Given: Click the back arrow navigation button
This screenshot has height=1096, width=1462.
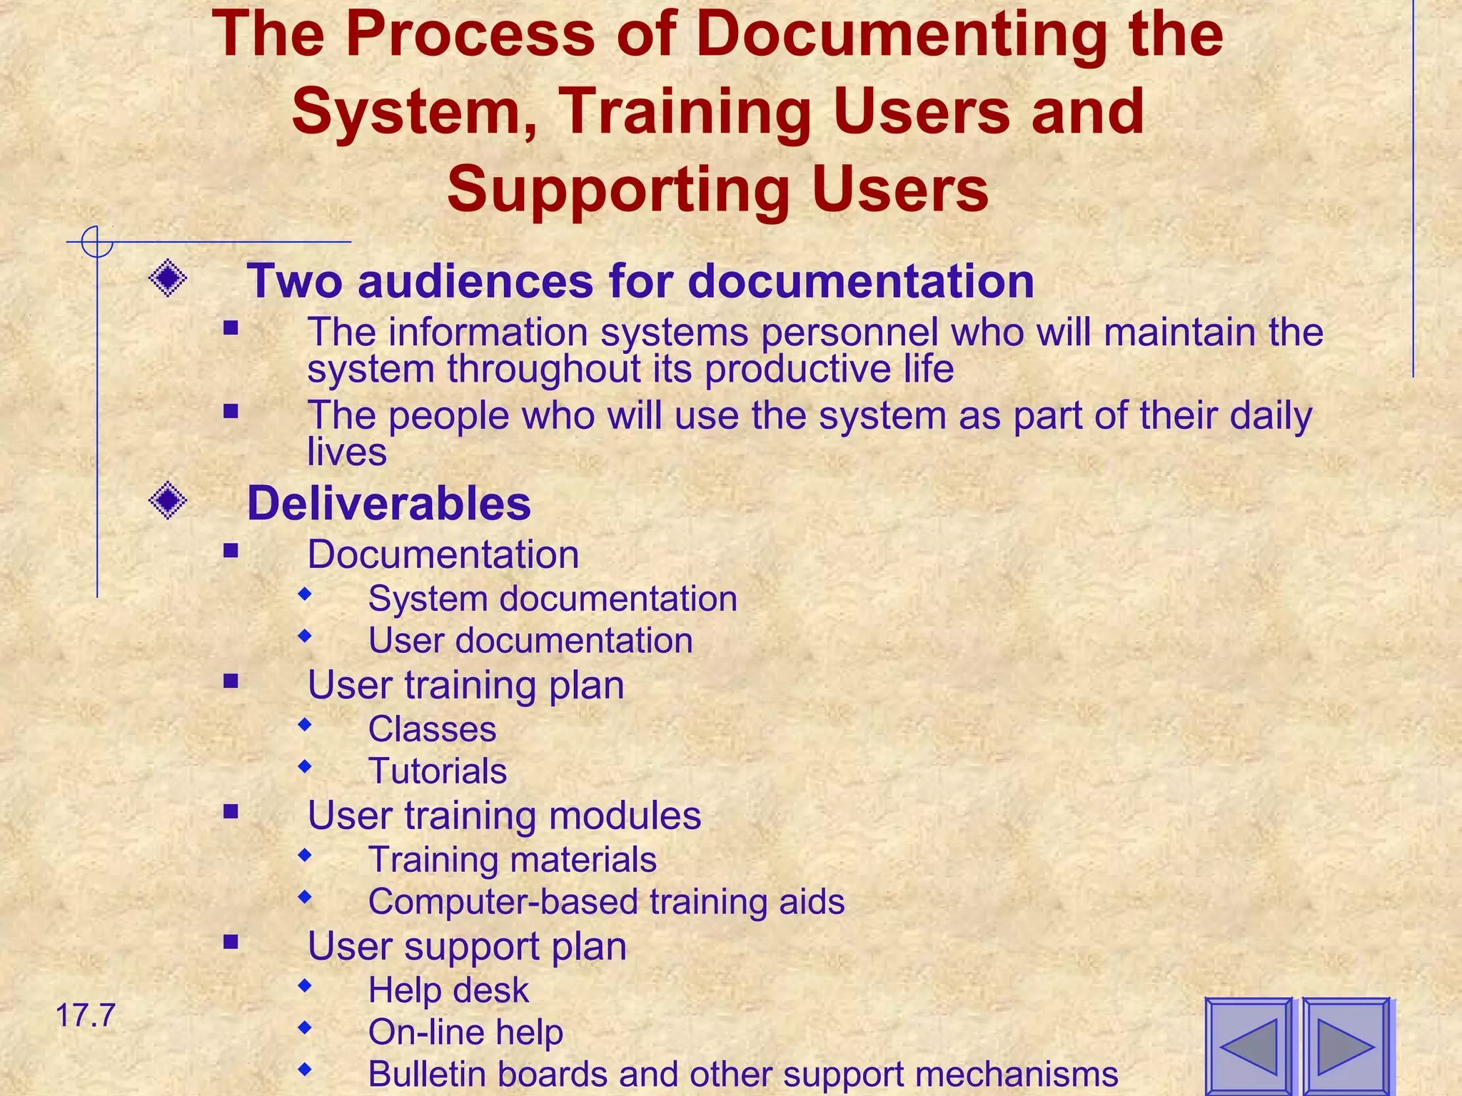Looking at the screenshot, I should click(x=1249, y=1046).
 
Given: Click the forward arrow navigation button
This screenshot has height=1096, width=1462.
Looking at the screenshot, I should click(x=1346, y=1046).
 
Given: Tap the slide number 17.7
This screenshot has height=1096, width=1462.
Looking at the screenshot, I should click(x=85, y=1015).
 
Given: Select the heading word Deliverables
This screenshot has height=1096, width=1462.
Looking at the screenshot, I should click(x=389, y=503).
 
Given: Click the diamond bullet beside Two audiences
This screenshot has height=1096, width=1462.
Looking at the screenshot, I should click(x=168, y=278).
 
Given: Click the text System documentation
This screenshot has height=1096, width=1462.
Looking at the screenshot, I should click(x=553, y=598).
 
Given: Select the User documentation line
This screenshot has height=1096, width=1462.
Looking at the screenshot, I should click(x=530, y=640).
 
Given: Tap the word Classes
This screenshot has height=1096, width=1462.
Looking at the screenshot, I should click(x=432, y=729).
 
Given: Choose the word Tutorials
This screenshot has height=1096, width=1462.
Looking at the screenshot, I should click(x=438, y=771).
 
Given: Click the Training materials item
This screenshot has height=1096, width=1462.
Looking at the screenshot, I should click(x=512, y=860).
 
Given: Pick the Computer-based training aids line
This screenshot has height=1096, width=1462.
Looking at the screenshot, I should click(x=606, y=901).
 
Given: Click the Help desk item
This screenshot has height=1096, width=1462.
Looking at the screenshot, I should click(x=448, y=990).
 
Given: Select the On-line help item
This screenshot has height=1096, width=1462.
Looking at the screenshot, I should click(x=465, y=1032).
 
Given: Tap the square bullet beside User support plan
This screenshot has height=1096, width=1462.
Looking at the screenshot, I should click(x=230, y=942).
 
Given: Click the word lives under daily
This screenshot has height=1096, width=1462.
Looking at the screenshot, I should click(x=347, y=452).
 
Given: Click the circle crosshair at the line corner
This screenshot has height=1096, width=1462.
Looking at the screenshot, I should click(x=97, y=242).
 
